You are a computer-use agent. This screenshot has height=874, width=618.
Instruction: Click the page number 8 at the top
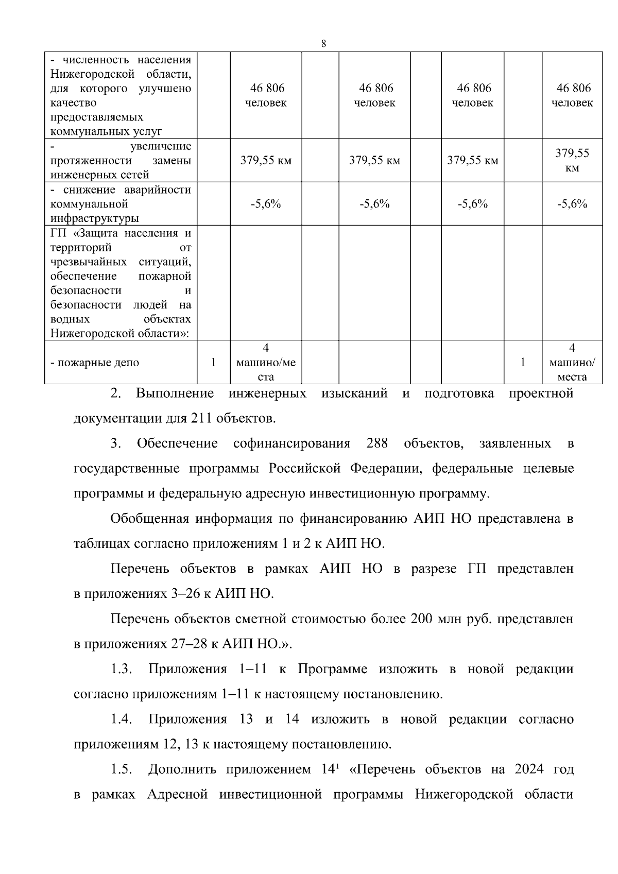pyautogui.click(x=323, y=44)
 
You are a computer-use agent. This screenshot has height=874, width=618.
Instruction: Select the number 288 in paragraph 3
pyautogui.click(x=377, y=443)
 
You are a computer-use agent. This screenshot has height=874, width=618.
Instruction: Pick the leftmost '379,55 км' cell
pyautogui.click(x=266, y=160)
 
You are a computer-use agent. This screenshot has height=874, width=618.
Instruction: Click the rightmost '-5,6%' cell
pyautogui.click(x=572, y=204)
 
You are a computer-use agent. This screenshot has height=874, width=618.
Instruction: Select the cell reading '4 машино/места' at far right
pyautogui.click(x=572, y=363)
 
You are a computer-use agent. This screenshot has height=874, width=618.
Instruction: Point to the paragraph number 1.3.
pyautogui.click(x=122, y=669)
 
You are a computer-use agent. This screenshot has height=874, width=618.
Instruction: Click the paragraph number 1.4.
pyautogui.click(x=122, y=719)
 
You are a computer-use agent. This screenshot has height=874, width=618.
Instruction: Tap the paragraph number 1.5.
pyautogui.click(x=122, y=769)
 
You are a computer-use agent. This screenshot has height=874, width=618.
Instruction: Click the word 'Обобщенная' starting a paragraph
pyautogui.click(x=149, y=519)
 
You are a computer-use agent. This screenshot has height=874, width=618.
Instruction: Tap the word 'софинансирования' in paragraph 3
pyautogui.click(x=291, y=443)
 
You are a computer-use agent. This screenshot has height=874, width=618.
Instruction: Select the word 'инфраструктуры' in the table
pyautogui.click(x=95, y=218)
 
